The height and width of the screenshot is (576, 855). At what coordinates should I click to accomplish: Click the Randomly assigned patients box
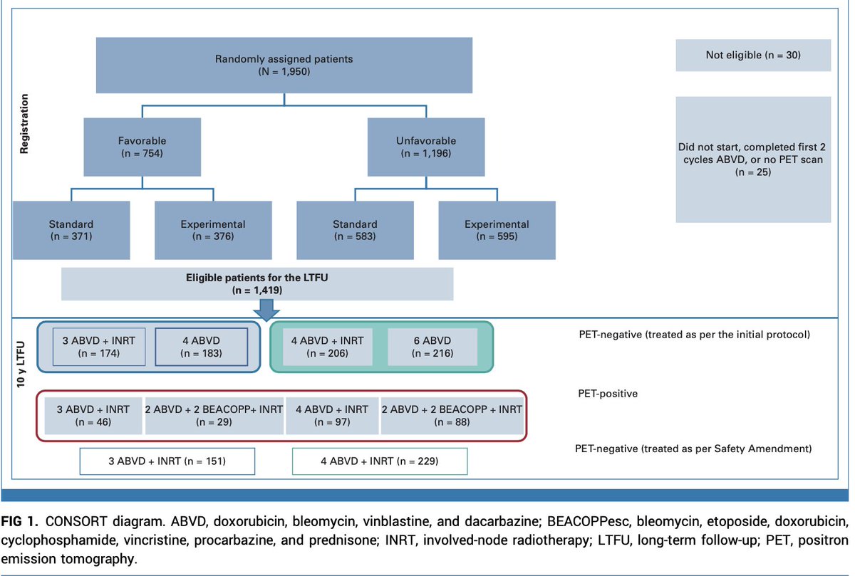[284, 65]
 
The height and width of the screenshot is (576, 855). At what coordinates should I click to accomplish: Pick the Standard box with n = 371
[71, 230]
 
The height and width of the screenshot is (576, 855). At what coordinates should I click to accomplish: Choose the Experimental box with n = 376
[213, 230]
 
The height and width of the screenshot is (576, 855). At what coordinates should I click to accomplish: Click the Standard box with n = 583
[355, 230]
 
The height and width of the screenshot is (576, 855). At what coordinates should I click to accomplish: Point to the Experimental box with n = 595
[497, 230]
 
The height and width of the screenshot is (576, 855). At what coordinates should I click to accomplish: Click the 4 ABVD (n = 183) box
[201, 347]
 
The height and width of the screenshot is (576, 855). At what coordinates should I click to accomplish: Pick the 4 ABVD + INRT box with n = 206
[327, 347]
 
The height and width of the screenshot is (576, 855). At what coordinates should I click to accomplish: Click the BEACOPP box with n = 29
[214, 416]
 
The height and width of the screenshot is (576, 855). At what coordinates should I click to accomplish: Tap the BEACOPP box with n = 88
[452, 416]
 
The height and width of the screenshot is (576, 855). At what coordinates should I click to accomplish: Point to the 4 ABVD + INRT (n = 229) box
[380, 461]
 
